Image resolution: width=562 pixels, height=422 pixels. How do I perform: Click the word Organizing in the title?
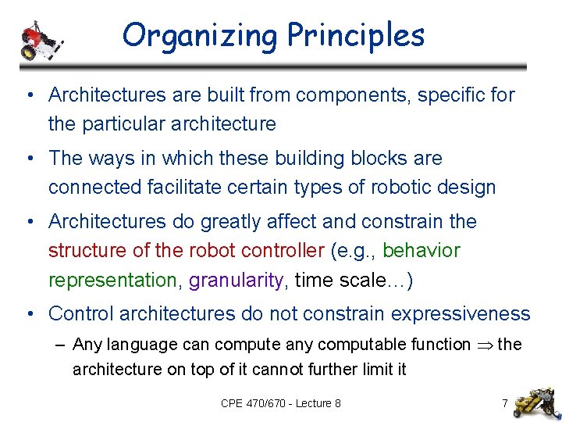[200, 35]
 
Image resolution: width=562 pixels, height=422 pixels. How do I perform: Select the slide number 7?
[505, 403]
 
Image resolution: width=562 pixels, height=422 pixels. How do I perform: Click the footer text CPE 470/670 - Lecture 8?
[281, 403]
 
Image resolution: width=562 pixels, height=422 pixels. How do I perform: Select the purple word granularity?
[237, 281]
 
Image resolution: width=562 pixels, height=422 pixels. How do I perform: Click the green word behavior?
[421, 251]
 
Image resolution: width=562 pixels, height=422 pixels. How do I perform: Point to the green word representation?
[112, 281]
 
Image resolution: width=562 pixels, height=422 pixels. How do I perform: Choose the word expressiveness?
[460, 314]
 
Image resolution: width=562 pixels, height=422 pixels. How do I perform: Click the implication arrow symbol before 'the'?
[484, 345]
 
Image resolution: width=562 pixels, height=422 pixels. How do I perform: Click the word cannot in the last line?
[283, 369]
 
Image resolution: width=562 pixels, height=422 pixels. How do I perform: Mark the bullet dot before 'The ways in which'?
[28, 159]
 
